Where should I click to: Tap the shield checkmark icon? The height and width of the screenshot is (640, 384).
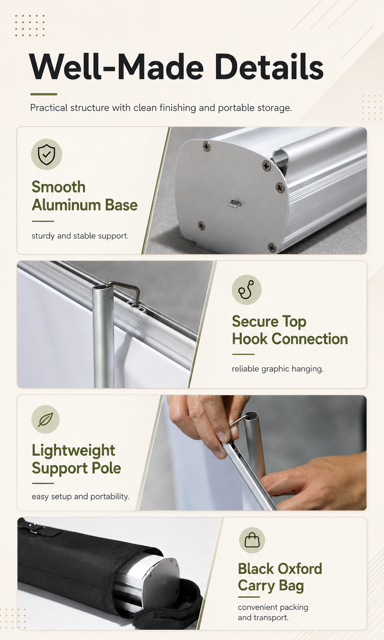coord(47,155)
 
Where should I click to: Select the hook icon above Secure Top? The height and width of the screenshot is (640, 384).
coord(246,289)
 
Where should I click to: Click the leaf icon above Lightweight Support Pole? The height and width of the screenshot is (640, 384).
coord(45,419)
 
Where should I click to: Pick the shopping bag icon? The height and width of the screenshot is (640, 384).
coord(252,540)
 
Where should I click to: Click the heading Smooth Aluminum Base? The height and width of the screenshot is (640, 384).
coord(85,196)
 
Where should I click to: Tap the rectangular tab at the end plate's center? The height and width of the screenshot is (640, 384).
coord(235,204)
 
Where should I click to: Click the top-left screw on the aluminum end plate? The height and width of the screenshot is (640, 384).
coord(206,147)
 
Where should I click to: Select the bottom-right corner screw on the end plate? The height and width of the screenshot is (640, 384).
coord(272,248)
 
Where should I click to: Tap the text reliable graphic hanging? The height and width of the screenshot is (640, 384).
coord(278,369)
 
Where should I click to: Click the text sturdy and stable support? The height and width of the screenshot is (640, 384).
coord(80,236)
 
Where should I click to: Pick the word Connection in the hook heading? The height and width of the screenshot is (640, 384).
coord(310,339)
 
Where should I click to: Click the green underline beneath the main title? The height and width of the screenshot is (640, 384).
coord(44,94)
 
